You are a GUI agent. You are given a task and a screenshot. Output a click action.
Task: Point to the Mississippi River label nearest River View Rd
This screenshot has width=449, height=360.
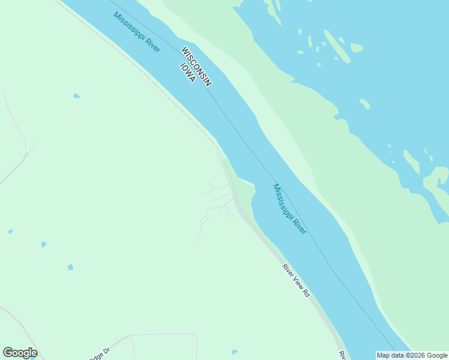(x=289, y=208)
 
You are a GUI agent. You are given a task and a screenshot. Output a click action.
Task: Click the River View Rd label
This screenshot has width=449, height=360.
(x=296, y=280)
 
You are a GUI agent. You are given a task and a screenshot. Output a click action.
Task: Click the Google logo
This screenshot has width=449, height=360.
(x=20, y=353)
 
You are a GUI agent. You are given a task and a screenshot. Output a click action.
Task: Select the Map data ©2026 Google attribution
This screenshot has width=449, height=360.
(x=412, y=355)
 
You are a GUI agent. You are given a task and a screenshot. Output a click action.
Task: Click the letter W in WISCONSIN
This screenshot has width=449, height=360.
(x=185, y=50)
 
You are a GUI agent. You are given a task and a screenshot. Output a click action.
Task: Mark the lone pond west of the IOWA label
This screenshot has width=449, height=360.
(x=76, y=95)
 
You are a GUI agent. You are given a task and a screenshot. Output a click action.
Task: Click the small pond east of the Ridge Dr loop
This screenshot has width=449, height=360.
(x=234, y=352)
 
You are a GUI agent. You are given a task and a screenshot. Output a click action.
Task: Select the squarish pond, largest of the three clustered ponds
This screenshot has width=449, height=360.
(x=70, y=267)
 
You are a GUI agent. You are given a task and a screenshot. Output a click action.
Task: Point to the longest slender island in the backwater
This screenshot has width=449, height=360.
(x=337, y=46)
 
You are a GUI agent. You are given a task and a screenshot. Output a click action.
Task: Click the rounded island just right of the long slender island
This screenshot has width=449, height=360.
(x=357, y=47)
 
